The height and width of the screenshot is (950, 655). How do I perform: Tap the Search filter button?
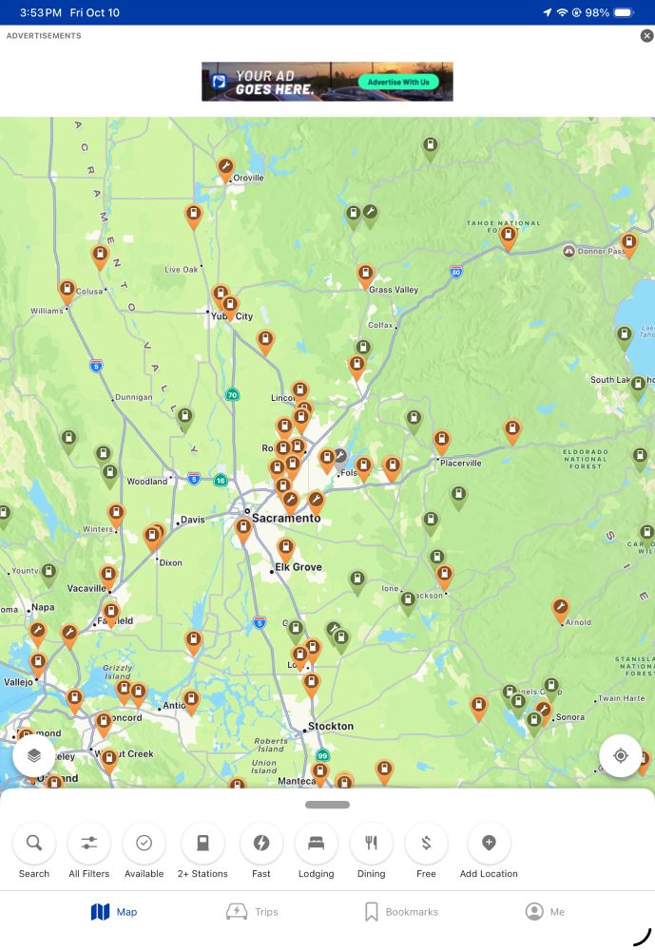pyautogui.click(x=34, y=844)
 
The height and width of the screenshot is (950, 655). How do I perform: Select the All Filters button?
pyautogui.click(x=89, y=844)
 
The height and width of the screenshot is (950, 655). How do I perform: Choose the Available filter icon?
pyautogui.click(x=144, y=844)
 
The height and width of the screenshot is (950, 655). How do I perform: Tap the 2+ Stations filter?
pyautogui.click(x=202, y=844)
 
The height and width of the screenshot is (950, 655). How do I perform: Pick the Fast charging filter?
pyautogui.click(x=261, y=844)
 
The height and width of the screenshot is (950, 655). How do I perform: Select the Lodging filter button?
pyautogui.click(x=317, y=844)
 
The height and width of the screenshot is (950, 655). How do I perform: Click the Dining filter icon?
pyautogui.click(x=372, y=844)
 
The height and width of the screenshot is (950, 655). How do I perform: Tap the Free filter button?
pyautogui.click(x=426, y=844)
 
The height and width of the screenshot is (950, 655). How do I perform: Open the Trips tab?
pyautogui.click(x=252, y=912)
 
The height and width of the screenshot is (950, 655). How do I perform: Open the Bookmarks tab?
pyautogui.click(x=402, y=912)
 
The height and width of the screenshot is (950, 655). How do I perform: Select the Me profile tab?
pyautogui.click(x=546, y=912)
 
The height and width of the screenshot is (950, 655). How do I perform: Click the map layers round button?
pyautogui.click(x=34, y=756)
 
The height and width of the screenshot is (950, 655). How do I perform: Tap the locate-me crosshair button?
pyautogui.click(x=621, y=756)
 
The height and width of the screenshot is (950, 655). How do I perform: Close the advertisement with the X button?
pyautogui.click(x=646, y=36)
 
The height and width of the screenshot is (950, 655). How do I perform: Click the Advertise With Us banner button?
pyautogui.click(x=398, y=82)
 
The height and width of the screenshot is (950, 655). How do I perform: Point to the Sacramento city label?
pyautogui.click(x=286, y=519)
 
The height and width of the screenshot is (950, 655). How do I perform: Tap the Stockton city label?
pyautogui.click(x=330, y=727)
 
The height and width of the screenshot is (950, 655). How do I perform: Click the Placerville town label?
pyautogui.click(x=460, y=464)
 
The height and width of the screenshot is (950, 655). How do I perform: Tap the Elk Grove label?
pyautogui.click(x=299, y=567)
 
